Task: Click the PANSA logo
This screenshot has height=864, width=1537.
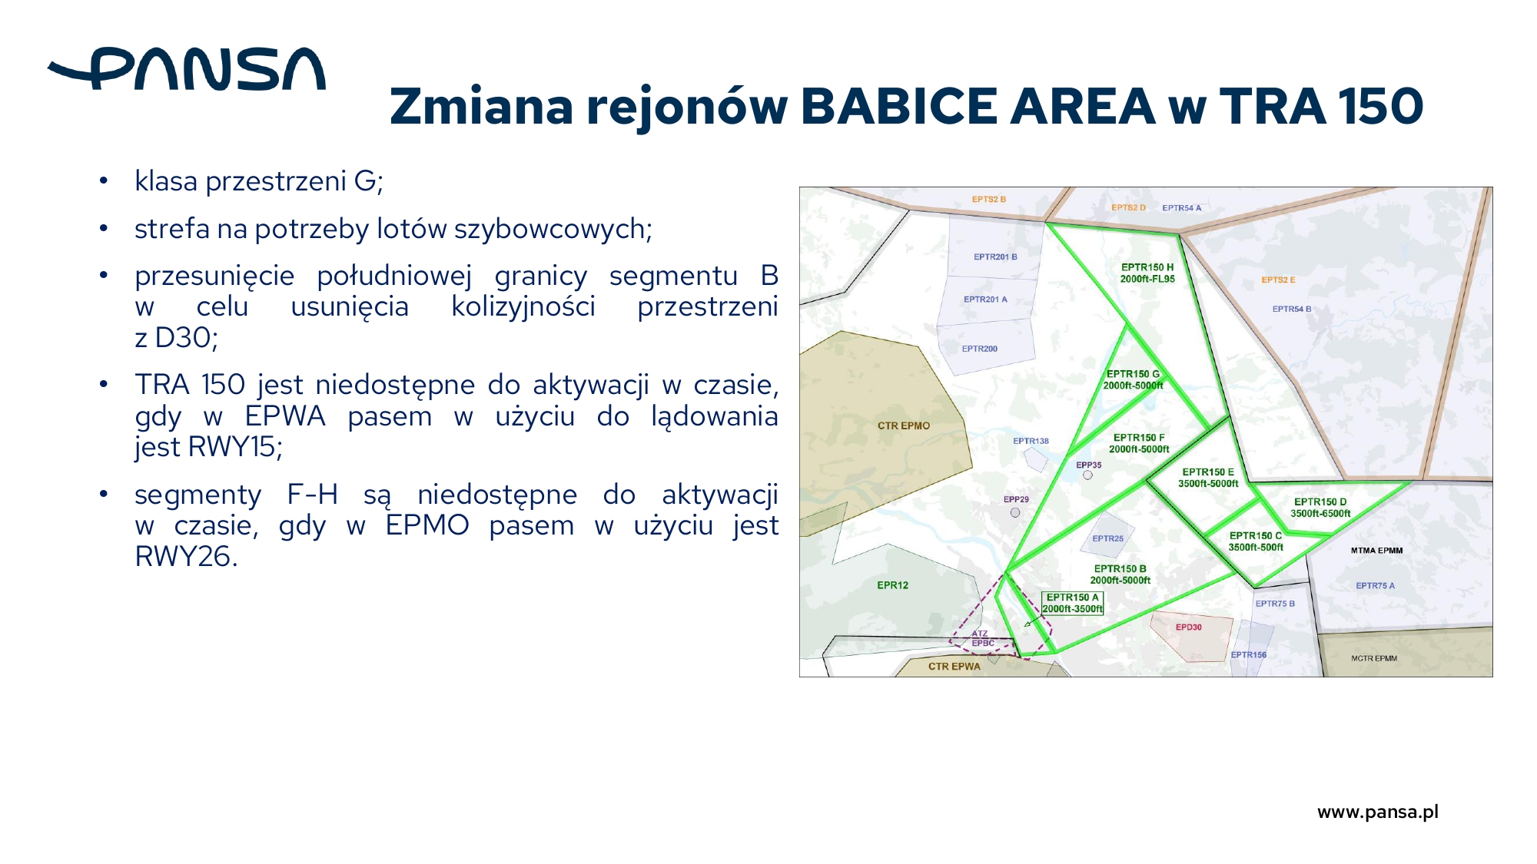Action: (x=187, y=69)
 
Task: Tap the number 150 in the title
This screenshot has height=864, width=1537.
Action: (x=1380, y=106)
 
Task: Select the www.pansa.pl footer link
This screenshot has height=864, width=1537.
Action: (x=1378, y=812)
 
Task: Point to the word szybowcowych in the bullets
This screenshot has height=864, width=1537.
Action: (x=552, y=229)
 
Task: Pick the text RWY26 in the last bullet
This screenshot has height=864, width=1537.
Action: (x=186, y=557)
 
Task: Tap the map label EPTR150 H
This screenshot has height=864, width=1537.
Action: (x=1147, y=267)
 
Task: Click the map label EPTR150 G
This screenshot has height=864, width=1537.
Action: (x=1133, y=374)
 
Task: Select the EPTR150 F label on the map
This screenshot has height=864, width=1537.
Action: (x=1139, y=438)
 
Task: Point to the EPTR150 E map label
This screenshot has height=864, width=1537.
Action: (x=1208, y=472)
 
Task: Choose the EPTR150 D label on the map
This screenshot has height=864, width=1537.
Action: (x=1320, y=502)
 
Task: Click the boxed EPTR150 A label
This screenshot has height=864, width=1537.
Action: (x=1072, y=603)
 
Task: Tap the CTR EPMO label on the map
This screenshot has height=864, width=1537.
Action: (x=904, y=425)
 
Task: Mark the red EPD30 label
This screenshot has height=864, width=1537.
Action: (x=1188, y=627)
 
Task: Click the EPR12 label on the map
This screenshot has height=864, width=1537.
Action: (x=893, y=585)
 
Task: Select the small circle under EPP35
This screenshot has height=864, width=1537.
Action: (x=1087, y=475)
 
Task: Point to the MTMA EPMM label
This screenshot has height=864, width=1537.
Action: (x=1376, y=551)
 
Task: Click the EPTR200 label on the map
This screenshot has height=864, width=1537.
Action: (x=980, y=349)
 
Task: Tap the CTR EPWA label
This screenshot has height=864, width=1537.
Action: (x=954, y=667)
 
